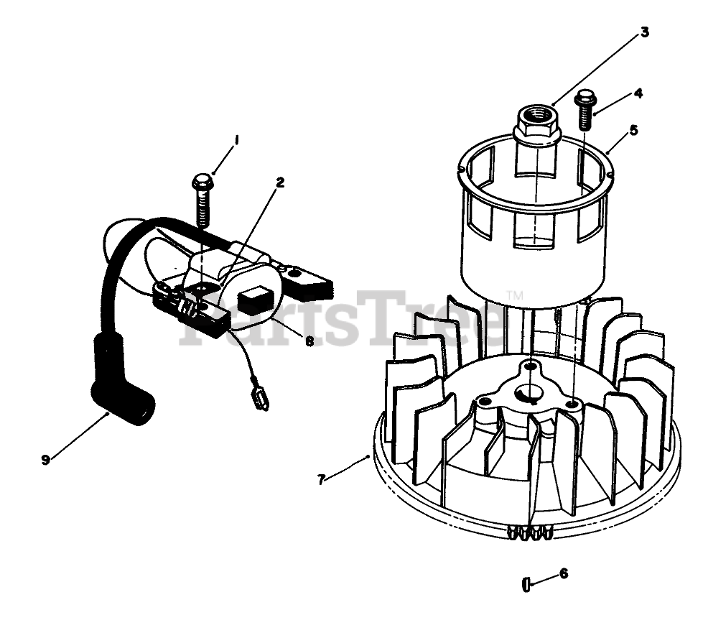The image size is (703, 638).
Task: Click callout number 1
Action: [x=236, y=139]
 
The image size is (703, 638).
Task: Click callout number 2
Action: [x=280, y=182]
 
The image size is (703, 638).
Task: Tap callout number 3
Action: [x=644, y=32]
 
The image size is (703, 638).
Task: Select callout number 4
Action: [x=638, y=93]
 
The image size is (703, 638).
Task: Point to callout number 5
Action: [x=633, y=131]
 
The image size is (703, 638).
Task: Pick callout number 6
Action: [x=564, y=573]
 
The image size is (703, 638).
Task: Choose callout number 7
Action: [x=322, y=478]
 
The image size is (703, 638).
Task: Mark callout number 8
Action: [x=309, y=341]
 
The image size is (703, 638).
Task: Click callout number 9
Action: [x=46, y=460]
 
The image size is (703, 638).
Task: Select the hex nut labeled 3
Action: [x=537, y=126]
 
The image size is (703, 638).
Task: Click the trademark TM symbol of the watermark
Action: [x=514, y=295]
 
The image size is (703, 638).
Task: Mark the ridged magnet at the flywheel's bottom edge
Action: [x=529, y=532]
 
